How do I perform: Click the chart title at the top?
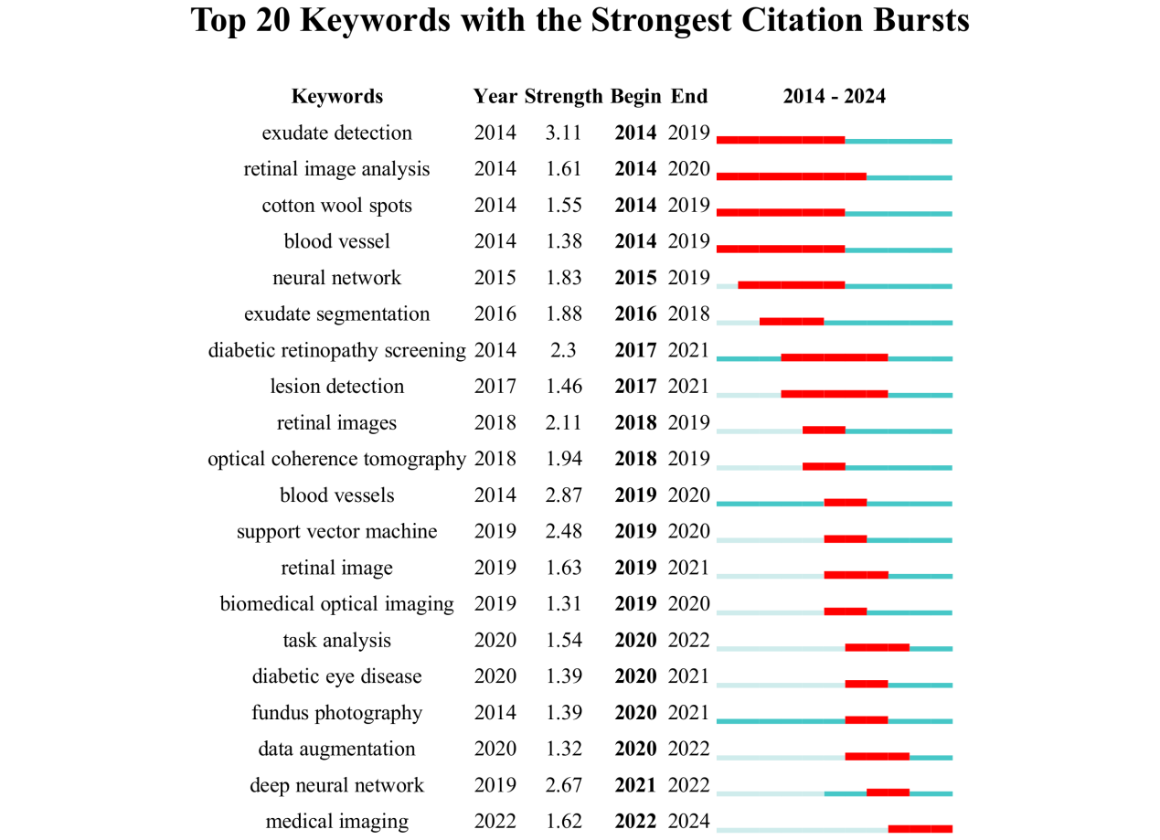(x=580, y=21)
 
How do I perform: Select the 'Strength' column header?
(x=563, y=97)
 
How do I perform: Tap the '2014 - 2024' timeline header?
(x=834, y=97)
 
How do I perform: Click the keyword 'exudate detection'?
(x=336, y=133)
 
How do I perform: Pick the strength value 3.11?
(x=563, y=133)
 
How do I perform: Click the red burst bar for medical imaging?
(x=920, y=829)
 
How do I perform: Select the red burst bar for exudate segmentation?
(x=792, y=322)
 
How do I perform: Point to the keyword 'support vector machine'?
(x=336, y=532)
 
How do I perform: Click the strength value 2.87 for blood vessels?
(x=563, y=495)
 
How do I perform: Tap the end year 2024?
(x=689, y=822)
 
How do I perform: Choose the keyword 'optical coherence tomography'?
(x=336, y=459)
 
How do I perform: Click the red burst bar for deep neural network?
(x=888, y=792)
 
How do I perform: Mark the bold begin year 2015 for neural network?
(x=635, y=278)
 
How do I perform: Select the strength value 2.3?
(x=563, y=350)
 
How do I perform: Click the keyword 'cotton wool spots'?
(x=336, y=206)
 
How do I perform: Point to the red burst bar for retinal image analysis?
(x=792, y=176)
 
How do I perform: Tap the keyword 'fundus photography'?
(x=336, y=713)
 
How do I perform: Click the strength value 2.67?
(x=563, y=785)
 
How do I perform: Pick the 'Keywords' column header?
(x=336, y=97)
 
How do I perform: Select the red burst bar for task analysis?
(x=877, y=648)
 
